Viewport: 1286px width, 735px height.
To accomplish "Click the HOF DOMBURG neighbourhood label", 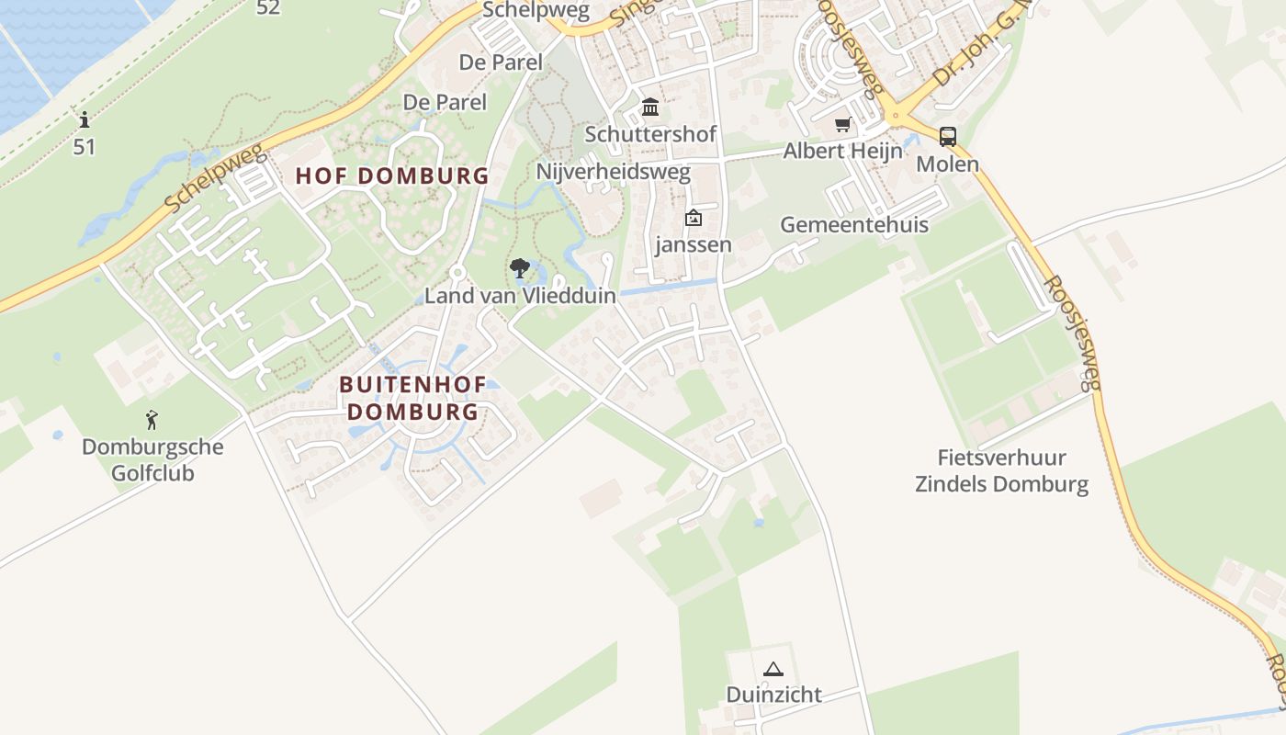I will point(392,175).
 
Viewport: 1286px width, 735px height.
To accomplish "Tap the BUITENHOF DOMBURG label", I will point(413,398).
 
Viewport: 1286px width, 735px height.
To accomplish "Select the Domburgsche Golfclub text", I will point(152,460).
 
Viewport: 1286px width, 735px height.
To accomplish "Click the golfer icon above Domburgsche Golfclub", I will point(152,421).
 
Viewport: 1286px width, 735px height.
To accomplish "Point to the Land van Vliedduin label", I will point(520,296).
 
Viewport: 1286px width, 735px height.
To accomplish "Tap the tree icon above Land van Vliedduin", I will point(520,269).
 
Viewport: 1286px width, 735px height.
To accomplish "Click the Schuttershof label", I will point(650,134).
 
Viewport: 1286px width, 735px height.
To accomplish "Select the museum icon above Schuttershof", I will point(650,107).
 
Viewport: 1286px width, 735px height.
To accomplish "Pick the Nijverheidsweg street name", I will point(614,173).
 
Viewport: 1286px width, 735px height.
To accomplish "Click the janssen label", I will point(694,244).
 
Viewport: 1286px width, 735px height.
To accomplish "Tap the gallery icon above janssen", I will point(694,218).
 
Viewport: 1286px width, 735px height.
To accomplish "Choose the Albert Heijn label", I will point(842,151).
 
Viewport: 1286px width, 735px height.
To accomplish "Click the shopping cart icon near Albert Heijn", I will point(842,124).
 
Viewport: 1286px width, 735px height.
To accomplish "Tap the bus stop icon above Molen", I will point(948,138).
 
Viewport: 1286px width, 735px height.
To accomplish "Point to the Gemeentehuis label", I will point(854,225).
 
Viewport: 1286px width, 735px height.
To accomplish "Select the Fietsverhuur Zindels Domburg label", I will point(1001,470).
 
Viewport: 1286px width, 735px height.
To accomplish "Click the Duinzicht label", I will point(773,695).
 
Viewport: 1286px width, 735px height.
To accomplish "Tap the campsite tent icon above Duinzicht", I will point(773,669).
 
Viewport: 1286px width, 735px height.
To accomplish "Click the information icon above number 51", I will point(85,119).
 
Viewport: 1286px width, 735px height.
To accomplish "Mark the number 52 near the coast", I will point(268,8).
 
